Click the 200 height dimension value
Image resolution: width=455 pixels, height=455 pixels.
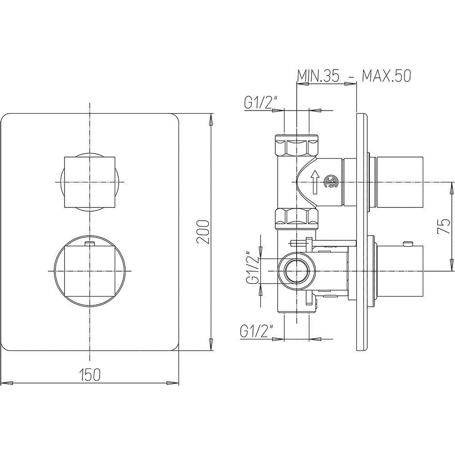click(x=202, y=232)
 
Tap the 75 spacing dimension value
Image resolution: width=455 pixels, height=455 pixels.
click(x=443, y=226)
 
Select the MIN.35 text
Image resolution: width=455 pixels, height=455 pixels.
click(x=318, y=76)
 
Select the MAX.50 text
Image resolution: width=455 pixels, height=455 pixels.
click(x=386, y=76)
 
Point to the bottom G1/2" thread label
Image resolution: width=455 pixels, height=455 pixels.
click(x=257, y=331)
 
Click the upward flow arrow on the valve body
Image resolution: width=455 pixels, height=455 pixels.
click(x=315, y=182)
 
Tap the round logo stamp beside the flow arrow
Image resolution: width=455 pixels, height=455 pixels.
click(x=331, y=182)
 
